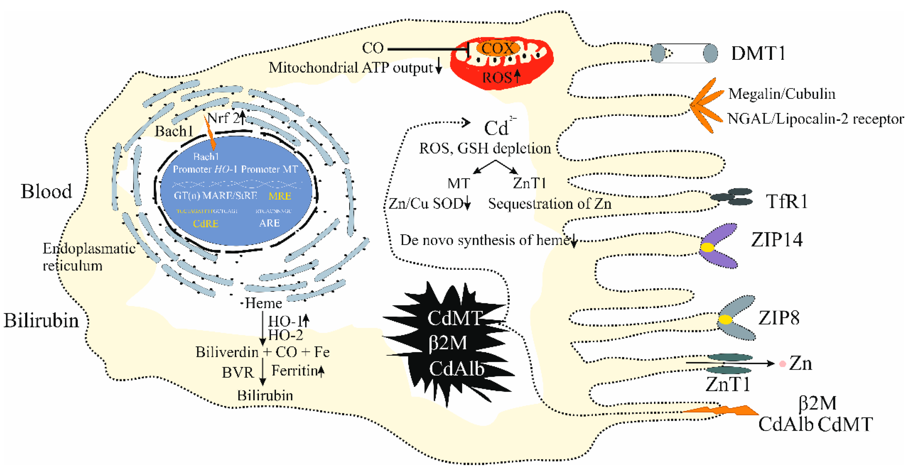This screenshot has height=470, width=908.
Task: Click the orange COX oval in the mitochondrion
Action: [498, 48]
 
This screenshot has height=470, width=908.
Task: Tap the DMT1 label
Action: [758, 54]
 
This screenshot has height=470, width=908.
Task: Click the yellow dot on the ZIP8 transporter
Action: [725, 320]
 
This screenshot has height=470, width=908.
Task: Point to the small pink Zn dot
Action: [782, 364]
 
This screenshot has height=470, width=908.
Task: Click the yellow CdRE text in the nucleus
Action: [206, 224]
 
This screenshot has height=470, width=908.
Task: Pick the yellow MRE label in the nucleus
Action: [280, 196]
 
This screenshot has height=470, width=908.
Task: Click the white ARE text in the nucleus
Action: [269, 223]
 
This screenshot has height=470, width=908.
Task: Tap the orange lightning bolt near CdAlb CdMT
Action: [723, 411]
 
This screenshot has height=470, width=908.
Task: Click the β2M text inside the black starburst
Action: [448, 343]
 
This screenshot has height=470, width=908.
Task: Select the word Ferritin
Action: [294, 371]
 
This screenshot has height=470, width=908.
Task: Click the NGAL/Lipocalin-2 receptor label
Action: [815, 119]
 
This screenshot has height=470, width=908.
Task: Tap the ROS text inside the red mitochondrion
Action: [497, 77]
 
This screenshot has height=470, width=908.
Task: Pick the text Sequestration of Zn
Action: [550, 204]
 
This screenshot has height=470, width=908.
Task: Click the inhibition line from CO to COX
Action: [426, 49]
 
